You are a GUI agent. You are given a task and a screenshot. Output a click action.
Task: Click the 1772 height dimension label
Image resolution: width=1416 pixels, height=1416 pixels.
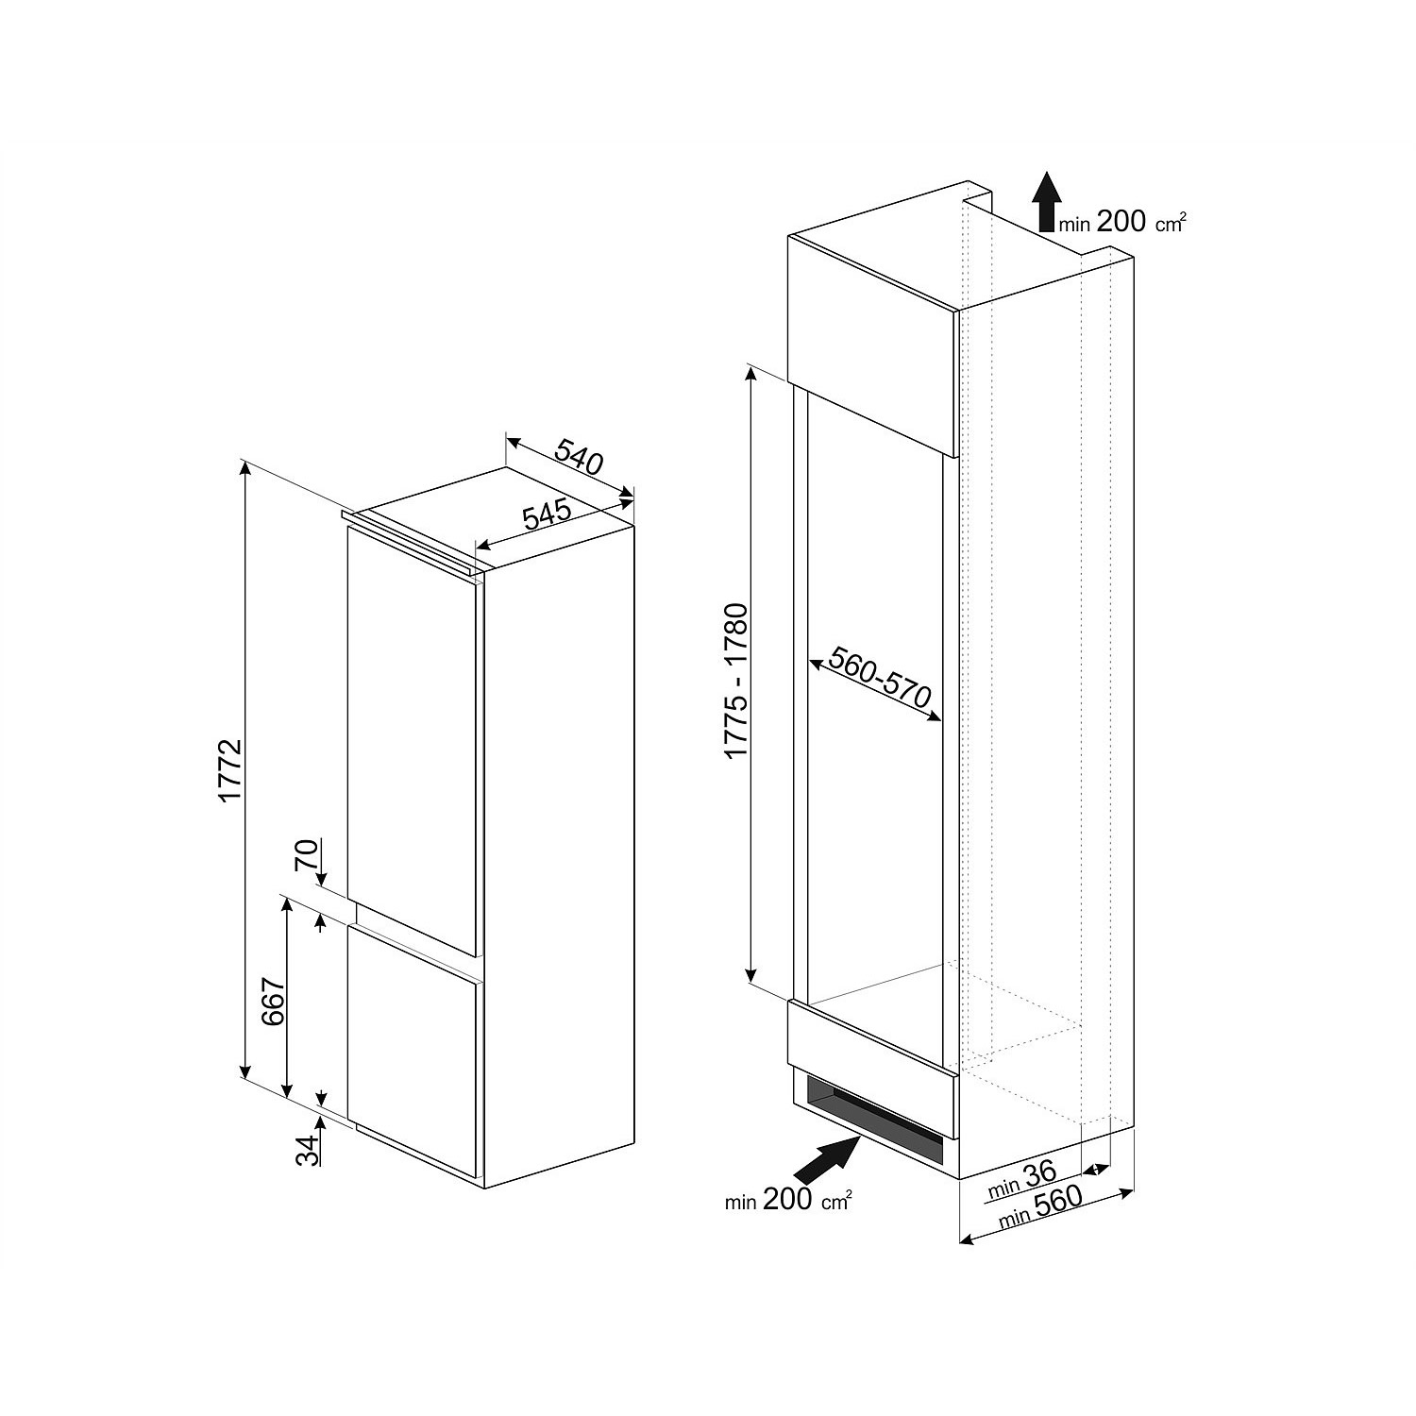[x=232, y=771]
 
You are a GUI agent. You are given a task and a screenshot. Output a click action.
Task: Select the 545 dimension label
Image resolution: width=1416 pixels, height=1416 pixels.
[x=548, y=514]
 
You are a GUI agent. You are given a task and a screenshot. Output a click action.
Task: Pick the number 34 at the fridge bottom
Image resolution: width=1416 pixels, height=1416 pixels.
[x=306, y=1150]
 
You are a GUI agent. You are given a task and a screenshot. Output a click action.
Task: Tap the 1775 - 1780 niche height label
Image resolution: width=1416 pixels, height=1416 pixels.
[x=735, y=680]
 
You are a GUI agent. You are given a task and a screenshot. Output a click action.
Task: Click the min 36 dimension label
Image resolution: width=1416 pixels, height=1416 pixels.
[x=1021, y=1178]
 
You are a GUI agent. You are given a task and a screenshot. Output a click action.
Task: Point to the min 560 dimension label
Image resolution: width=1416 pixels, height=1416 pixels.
[x=1041, y=1207]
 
